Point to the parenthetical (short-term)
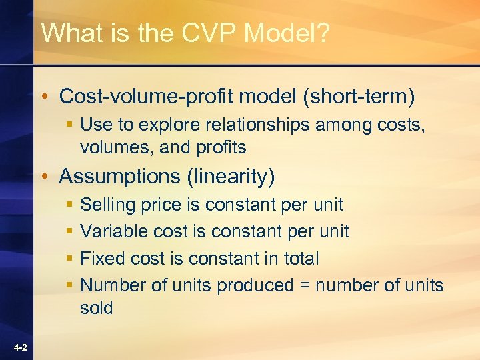359,97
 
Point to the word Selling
107,205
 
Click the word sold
96,308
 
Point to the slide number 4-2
19,348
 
